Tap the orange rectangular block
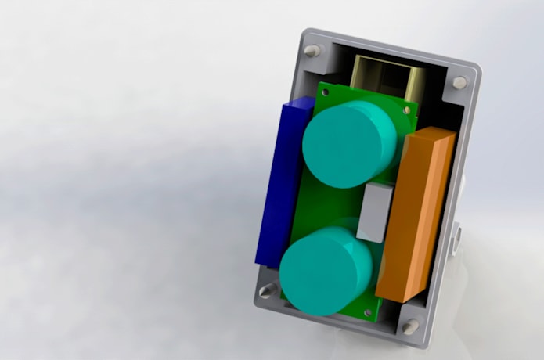pos(414,215)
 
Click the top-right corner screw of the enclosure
pos(460,81)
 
